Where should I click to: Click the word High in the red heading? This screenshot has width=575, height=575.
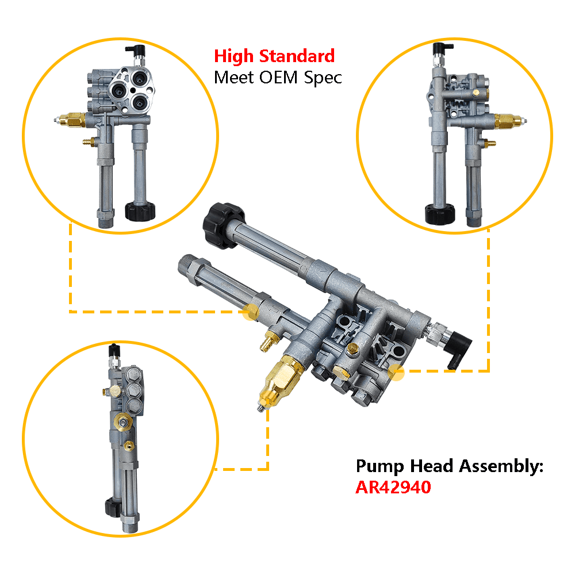point(233,57)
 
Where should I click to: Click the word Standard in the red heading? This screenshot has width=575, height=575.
point(297,56)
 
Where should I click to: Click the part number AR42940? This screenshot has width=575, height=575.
point(393,488)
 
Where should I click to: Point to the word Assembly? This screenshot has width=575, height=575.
point(501,467)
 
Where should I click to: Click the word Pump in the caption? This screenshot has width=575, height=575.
point(379,467)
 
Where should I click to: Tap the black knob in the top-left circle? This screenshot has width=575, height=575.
point(140,211)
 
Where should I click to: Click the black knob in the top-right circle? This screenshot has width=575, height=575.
point(440,214)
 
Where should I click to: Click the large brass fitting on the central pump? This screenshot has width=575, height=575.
point(281,380)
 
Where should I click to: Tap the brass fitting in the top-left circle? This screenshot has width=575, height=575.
point(72,120)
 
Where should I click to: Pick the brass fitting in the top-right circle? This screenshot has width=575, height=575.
point(508,121)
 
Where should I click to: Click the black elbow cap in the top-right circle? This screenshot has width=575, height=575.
point(442,48)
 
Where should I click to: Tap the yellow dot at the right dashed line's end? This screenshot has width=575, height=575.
point(396,372)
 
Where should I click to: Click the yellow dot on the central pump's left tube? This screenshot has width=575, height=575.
point(251,312)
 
